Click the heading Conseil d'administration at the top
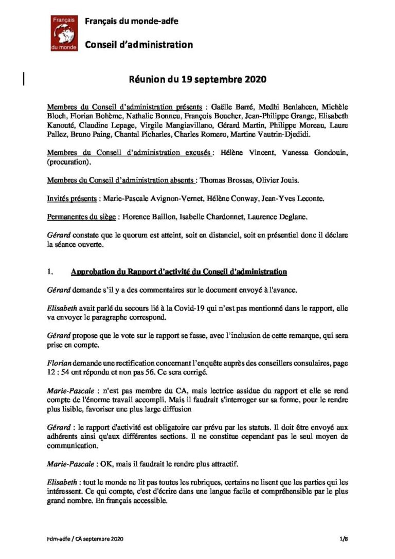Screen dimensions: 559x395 (138, 45)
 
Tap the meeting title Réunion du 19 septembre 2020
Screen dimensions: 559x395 (197, 80)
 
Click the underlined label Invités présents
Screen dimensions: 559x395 (71, 199)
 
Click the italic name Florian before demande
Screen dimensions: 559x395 (58, 363)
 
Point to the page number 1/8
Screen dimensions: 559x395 (344, 538)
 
